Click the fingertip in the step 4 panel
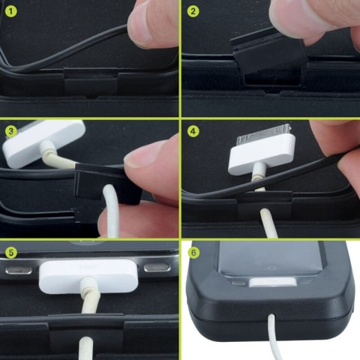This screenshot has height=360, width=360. click(334, 142)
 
